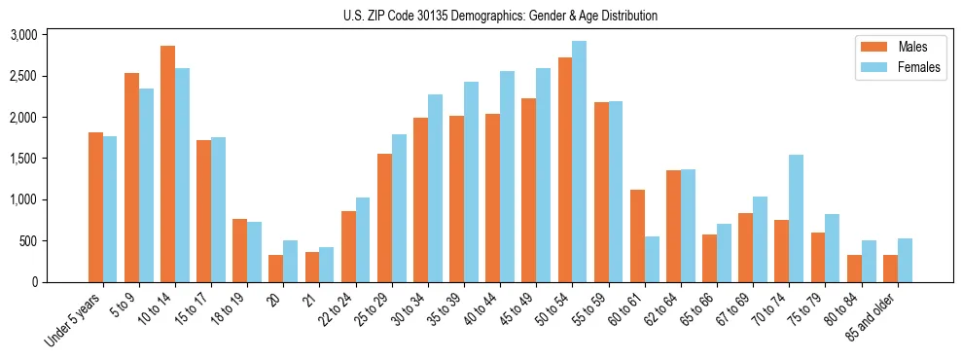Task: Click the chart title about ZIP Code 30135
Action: (x=500, y=16)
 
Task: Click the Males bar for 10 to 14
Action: (x=167, y=163)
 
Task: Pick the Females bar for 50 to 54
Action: (x=579, y=162)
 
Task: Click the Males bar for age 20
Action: (x=276, y=269)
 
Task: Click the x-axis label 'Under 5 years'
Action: (x=74, y=320)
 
